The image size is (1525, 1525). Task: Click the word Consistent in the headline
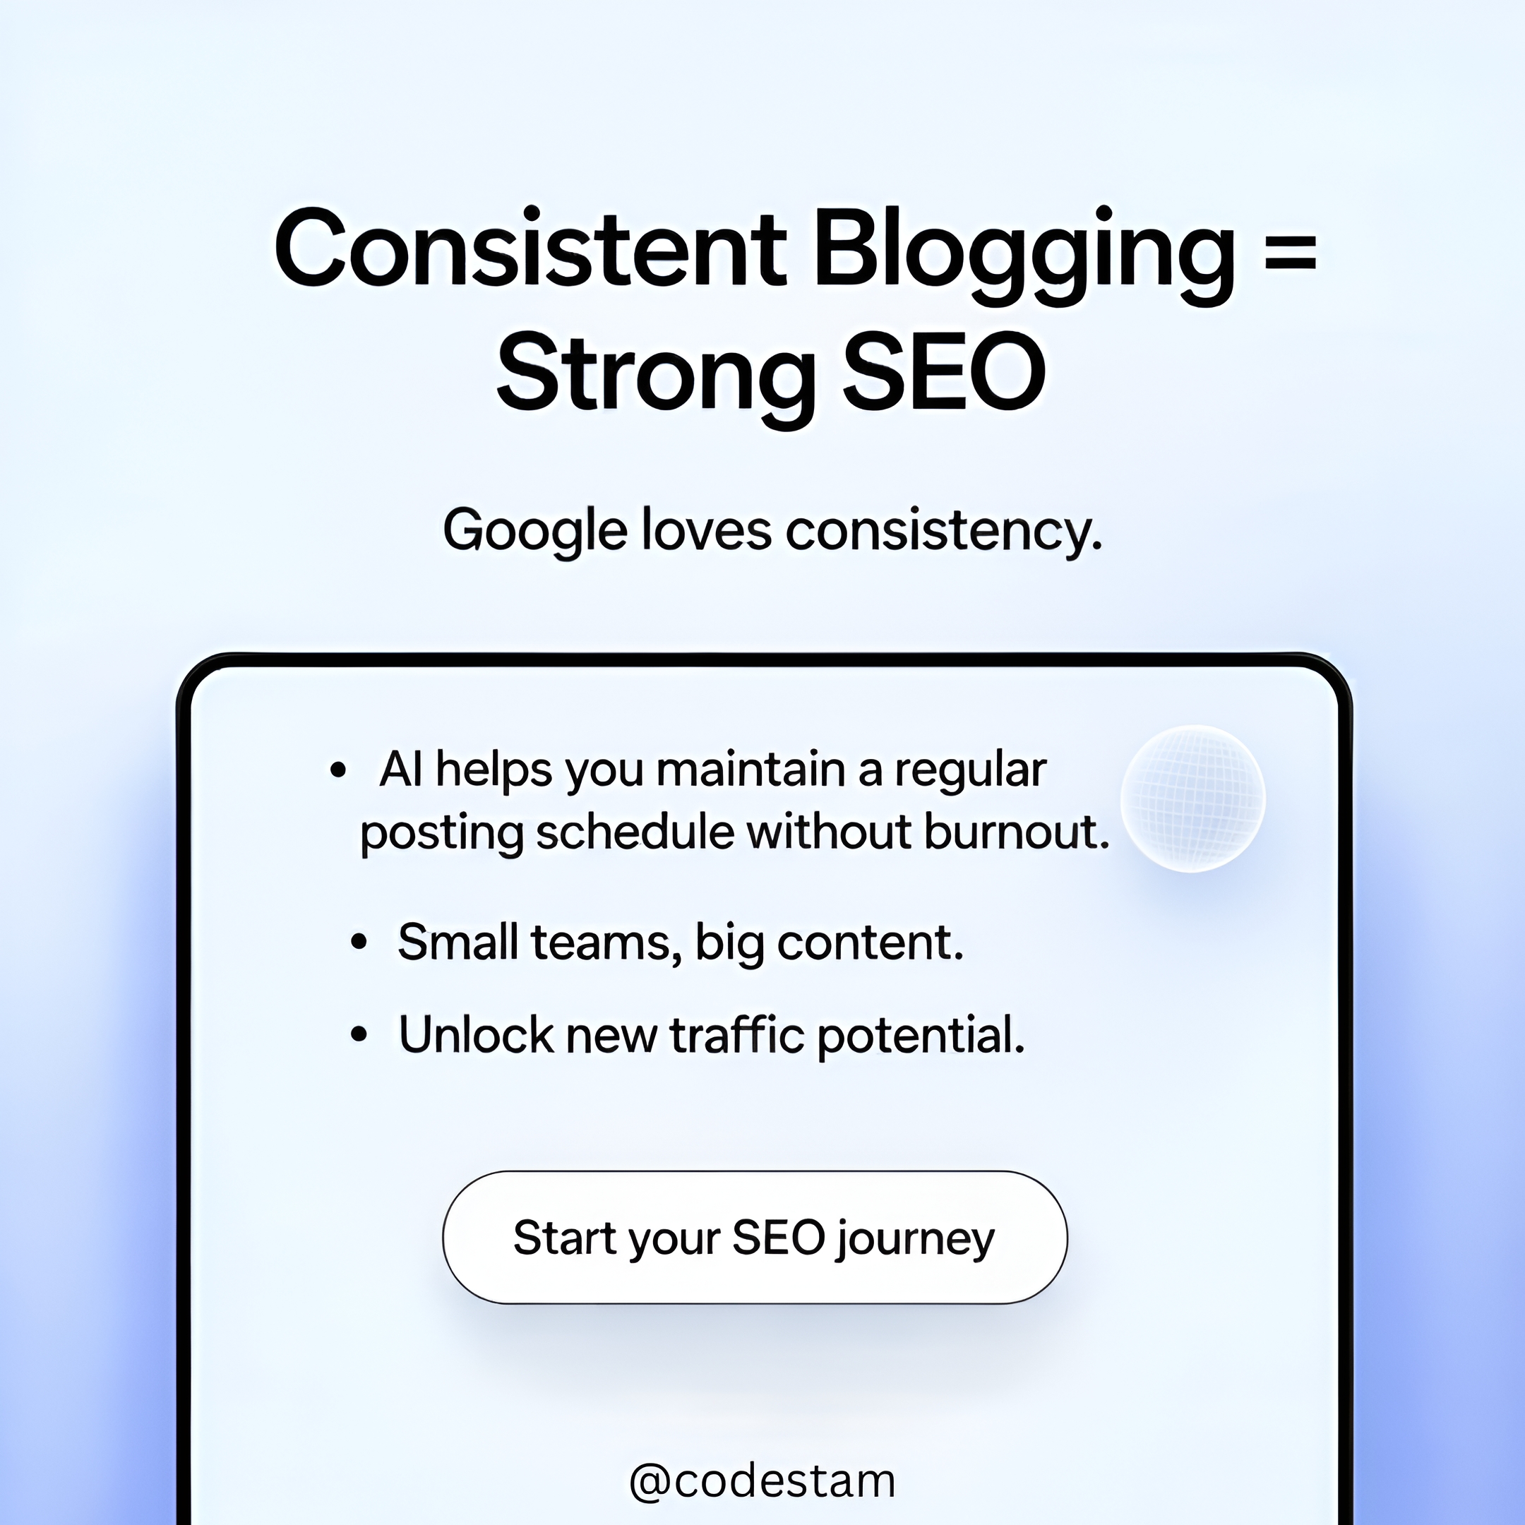click(x=530, y=248)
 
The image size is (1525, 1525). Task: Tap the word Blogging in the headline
click(x=1024, y=255)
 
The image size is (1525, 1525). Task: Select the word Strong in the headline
click(x=655, y=376)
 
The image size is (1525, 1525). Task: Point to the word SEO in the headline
click(x=945, y=371)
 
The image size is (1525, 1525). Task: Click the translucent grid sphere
click(x=1192, y=798)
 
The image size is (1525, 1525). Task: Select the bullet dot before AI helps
click(x=339, y=770)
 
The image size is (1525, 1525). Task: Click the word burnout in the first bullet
click(x=1017, y=832)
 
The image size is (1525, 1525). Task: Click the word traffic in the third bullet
click(x=737, y=1034)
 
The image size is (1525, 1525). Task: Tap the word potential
click(x=921, y=1036)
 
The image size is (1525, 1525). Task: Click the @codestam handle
click(x=762, y=1481)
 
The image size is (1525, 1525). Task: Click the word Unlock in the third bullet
click(x=476, y=1034)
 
